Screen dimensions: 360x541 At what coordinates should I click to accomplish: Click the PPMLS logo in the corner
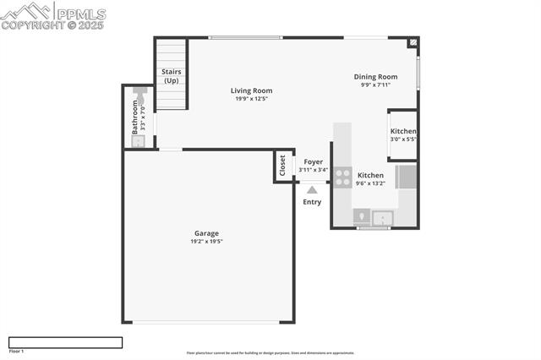pyautogui.click(x=53, y=15)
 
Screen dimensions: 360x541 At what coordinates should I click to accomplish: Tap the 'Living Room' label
pyautogui.click(x=251, y=90)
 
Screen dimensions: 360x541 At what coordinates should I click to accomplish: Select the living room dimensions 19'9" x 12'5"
pyautogui.click(x=251, y=99)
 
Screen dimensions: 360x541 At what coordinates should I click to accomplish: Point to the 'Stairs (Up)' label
pyautogui.click(x=171, y=76)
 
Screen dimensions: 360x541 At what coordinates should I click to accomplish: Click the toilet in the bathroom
pyautogui.click(x=139, y=91)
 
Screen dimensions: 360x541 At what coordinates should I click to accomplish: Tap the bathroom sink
pyautogui.click(x=139, y=140)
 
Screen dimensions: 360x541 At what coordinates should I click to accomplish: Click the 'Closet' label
pyautogui.click(x=282, y=165)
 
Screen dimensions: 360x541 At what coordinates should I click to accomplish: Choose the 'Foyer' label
pyautogui.click(x=313, y=161)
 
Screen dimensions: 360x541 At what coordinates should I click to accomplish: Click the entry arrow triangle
pyautogui.click(x=312, y=190)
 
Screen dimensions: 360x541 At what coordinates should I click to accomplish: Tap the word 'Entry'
pyautogui.click(x=312, y=202)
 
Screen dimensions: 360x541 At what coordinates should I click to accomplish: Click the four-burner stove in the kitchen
pyautogui.click(x=342, y=177)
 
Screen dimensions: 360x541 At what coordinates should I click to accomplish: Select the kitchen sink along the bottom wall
pyautogui.click(x=384, y=219)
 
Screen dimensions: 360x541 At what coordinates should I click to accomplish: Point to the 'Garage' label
pyautogui.click(x=206, y=233)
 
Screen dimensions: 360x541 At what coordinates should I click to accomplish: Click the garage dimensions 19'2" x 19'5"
pyautogui.click(x=206, y=242)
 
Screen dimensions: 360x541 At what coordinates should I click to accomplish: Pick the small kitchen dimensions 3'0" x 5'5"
pyautogui.click(x=403, y=139)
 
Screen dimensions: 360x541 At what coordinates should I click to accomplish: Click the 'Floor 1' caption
pyautogui.click(x=16, y=351)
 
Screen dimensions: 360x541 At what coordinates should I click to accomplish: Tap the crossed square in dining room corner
pyautogui.click(x=413, y=41)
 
